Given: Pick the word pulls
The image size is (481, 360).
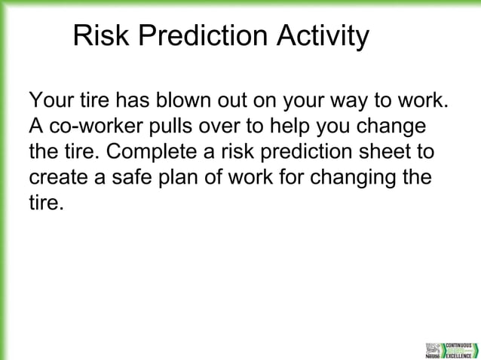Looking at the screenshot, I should coord(179,126).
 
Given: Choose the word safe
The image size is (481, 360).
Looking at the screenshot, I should coord(139,178).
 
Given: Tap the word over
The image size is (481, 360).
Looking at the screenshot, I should coord(236,126).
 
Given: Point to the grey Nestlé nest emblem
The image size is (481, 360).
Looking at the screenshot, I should coord(434,349).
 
